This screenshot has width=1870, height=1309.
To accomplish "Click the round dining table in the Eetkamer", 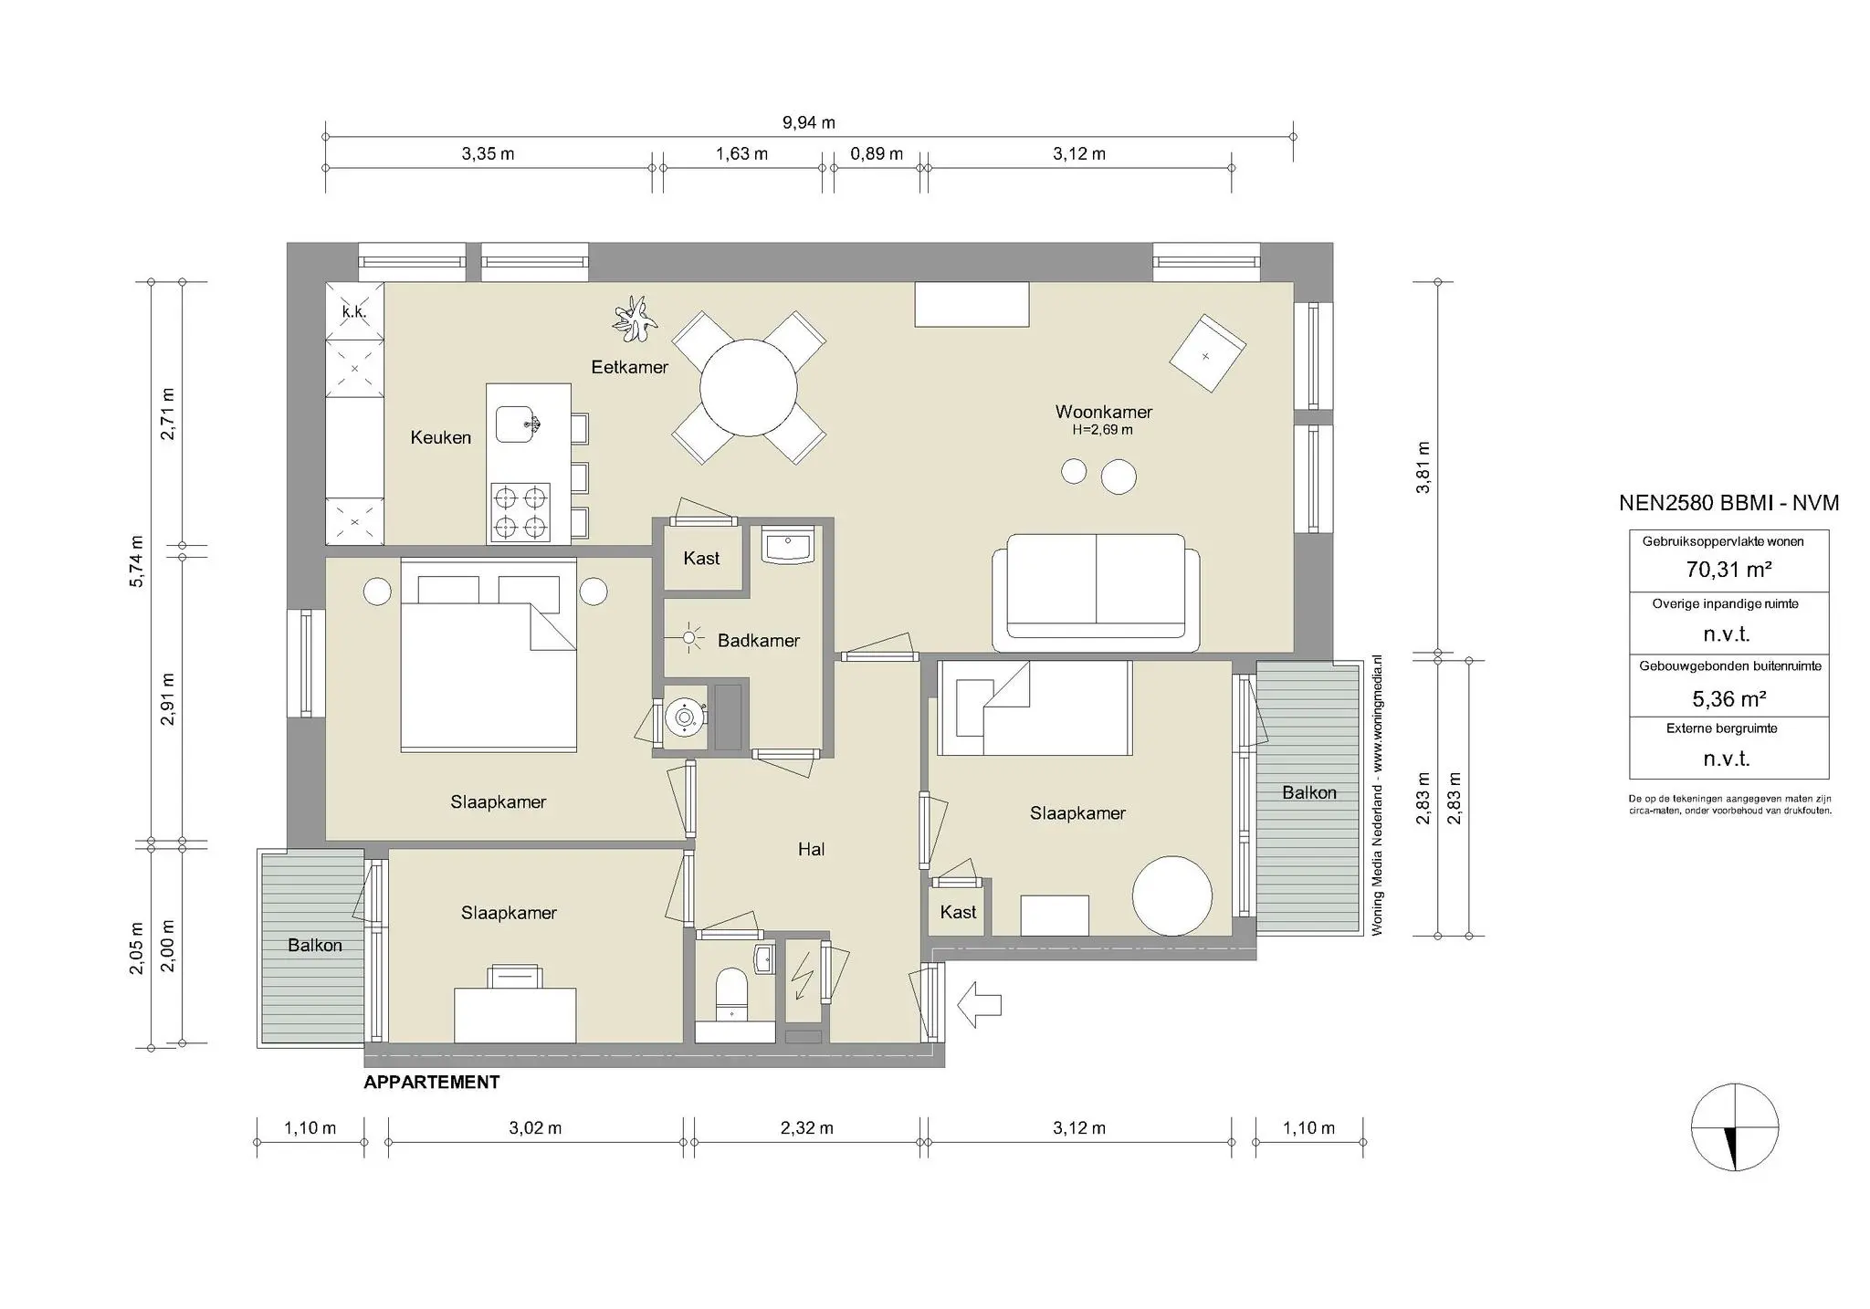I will point(748,387).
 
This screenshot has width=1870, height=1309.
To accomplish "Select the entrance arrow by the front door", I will point(979,1005).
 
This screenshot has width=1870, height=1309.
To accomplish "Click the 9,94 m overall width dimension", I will point(808,122).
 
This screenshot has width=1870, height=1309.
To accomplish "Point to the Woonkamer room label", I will point(1103,412).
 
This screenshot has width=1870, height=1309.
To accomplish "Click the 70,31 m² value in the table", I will point(1728,570).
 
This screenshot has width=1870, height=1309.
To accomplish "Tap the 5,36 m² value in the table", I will point(1728,699).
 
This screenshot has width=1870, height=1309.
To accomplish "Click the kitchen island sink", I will point(518,424).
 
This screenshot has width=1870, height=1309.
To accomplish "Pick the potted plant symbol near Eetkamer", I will point(634,319).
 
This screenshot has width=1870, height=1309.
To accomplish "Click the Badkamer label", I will point(758,641).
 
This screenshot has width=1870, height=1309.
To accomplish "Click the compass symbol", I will point(1734,1127).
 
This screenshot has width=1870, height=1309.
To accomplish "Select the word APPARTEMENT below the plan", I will point(431,1083).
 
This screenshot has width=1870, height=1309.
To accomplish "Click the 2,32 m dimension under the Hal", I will point(806,1128).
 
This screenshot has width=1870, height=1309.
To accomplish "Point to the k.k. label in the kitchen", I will point(354,311).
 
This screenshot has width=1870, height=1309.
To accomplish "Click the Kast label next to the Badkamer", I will point(701,559).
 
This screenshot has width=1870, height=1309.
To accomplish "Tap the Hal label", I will point(811,850).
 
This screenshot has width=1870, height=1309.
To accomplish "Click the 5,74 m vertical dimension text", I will point(137,561).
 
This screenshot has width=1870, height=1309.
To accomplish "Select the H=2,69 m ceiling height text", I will point(1102,430).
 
